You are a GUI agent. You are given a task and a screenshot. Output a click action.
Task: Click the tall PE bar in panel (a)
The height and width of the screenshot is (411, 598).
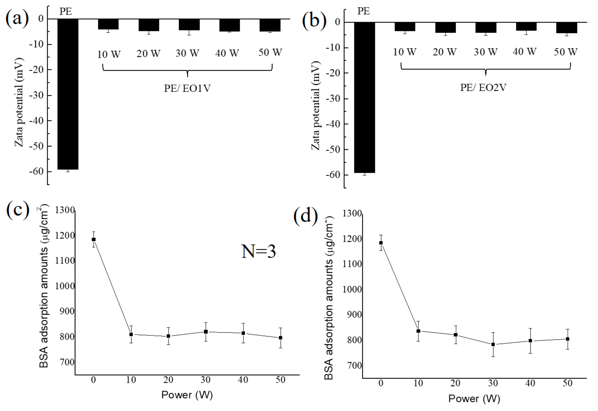coord(68,94)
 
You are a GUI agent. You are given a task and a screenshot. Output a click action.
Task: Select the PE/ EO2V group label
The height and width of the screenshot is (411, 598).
coord(483,88)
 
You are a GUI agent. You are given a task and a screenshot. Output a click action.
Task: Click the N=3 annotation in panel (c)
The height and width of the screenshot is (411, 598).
coord(259,251)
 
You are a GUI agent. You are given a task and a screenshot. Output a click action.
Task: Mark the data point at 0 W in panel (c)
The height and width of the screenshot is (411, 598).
coord(94,239)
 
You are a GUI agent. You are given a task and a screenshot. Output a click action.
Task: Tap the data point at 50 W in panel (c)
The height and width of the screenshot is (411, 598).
coord(280,338)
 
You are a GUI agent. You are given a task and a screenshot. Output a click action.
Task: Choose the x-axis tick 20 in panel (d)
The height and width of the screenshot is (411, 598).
coord(455,383)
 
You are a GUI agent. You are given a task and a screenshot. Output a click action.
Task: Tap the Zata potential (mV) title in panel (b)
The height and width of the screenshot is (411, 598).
coord(316,105)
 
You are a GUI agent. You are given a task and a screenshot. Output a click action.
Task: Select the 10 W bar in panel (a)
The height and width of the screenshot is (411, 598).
coord(108,24)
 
